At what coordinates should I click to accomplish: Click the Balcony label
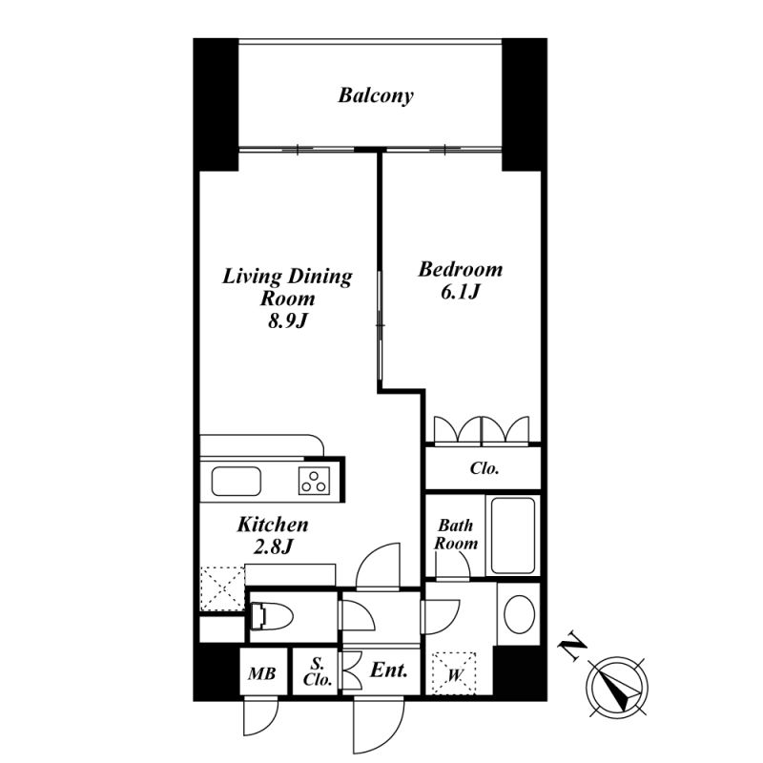[376, 95]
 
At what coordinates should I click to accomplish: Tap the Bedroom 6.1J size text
[461, 292]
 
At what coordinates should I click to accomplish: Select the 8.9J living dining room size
[289, 320]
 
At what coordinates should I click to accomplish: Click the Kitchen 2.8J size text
[273, 546]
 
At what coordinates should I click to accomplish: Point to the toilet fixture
[272, 617]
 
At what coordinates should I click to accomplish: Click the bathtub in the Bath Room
[513, 535]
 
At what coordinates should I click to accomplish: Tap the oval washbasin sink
[519, 614]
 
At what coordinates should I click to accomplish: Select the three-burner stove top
[314, 481]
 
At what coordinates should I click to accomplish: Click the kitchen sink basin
[236, 482]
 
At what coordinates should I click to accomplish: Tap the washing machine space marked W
[454, 674]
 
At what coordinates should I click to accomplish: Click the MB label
[261, 673]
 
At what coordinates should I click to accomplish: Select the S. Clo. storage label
[318, 671]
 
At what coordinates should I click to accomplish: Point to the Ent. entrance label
[389, 670]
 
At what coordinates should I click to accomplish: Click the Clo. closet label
[485, 468]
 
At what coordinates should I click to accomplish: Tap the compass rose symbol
[618, 687]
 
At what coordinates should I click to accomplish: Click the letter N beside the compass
[572, 647]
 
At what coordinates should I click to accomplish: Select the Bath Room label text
[456, 534]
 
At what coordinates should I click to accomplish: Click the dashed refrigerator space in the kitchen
[223, 588]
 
